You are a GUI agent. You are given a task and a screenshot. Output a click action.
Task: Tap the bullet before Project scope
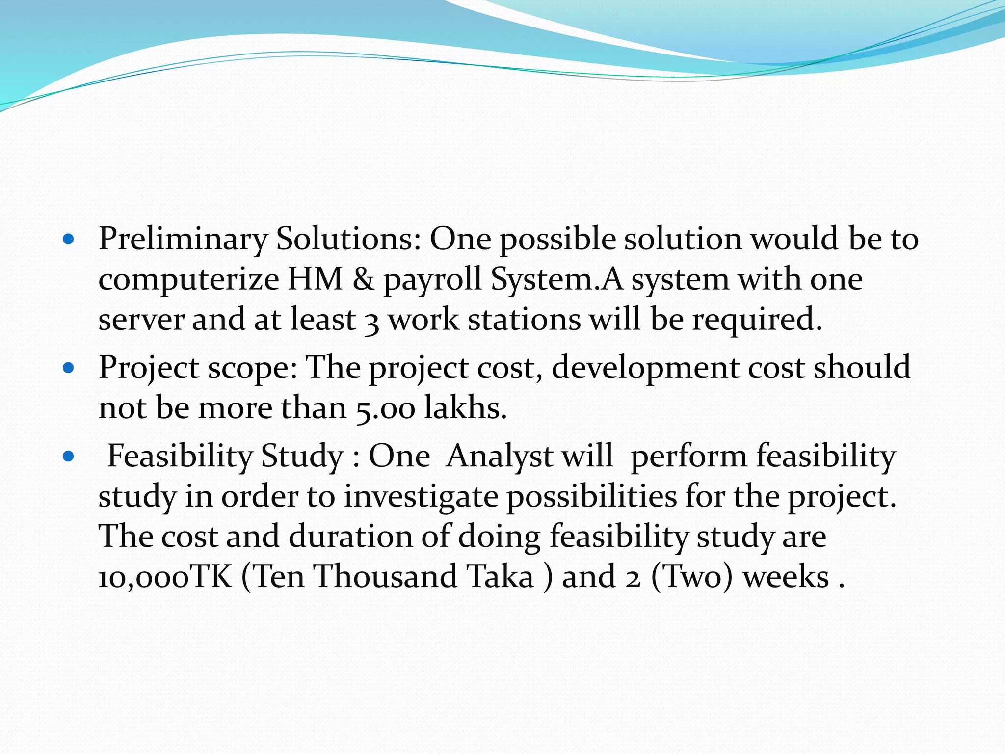(x=69, y=368)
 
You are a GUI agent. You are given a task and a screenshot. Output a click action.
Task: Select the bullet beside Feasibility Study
(x=69, y=457)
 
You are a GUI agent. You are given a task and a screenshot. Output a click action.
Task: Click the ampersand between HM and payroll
(x=363, y=279)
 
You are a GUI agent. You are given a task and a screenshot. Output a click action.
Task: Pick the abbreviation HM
(x=315, y=279)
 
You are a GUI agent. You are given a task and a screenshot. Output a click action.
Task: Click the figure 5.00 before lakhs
(x=385, y=409)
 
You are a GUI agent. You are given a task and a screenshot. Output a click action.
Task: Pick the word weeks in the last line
(x=786, y=577)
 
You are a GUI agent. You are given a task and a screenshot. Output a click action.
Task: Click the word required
(x=757, y=321)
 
